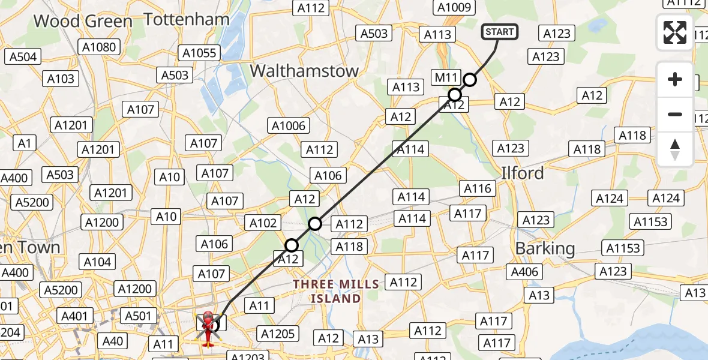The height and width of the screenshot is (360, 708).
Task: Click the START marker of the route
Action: (499, 31)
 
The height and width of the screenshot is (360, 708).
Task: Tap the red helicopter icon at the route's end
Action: (208, 328)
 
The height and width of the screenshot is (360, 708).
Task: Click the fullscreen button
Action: (675, 32)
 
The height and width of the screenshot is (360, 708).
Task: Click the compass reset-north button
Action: (675, 149)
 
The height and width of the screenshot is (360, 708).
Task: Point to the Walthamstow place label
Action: (304, 70)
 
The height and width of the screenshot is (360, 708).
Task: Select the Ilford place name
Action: (523, 173)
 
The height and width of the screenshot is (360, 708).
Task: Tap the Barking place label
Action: (545, 248)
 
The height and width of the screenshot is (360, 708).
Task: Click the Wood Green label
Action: (83, 22)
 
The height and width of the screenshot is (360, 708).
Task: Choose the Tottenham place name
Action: (187, 20)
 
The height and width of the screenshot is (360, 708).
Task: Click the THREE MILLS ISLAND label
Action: (336, 291)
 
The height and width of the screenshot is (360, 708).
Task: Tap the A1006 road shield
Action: (289, 126)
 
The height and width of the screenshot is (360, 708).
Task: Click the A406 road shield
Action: (524, 272)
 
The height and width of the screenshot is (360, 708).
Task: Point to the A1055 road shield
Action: (199, 53)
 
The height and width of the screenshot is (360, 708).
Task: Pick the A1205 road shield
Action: (277, 334)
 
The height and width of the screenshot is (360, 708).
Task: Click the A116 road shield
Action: (478, 189)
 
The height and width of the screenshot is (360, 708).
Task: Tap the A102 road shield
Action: (263, 223)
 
